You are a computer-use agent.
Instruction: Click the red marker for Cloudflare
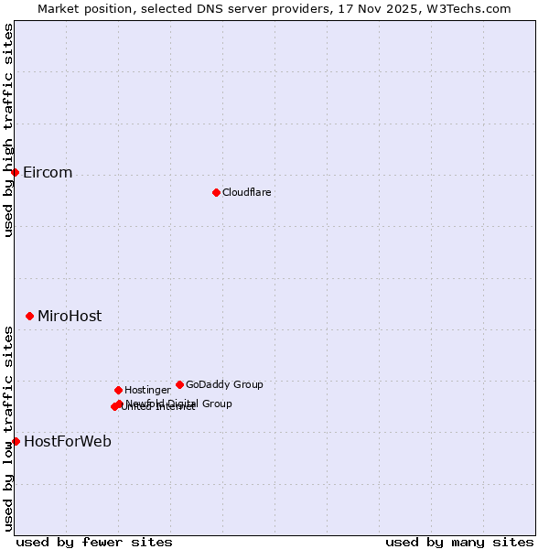click(x=216, y=192)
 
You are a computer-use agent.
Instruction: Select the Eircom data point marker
click(x=15, y=172)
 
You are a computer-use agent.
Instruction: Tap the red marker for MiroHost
click(x=29, y=316)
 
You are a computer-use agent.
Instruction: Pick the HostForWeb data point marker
click(x=16, y=441)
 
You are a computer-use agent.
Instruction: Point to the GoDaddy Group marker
click(x=179, y=384)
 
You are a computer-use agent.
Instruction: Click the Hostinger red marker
click(x=118, y=390)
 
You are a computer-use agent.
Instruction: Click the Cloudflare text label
click(x=246, y=192)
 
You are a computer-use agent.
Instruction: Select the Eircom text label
click(x=48, y=173)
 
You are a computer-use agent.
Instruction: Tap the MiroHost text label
click(x=70, y=317)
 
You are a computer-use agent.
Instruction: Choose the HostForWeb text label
click(x=68, y=442)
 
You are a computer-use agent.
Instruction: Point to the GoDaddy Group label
click(x=224, y=384)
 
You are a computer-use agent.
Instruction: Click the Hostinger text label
click(x=147, y=390)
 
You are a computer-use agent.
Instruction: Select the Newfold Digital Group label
click(x=179, y=404)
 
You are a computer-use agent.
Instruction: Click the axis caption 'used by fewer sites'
click(x=94, y=542)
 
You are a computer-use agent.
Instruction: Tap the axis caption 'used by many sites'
click(x=459, y=542)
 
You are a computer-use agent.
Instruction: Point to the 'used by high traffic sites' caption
click(x=8, y=130)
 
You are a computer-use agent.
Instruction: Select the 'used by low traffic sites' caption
click(x=8, y=427)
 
